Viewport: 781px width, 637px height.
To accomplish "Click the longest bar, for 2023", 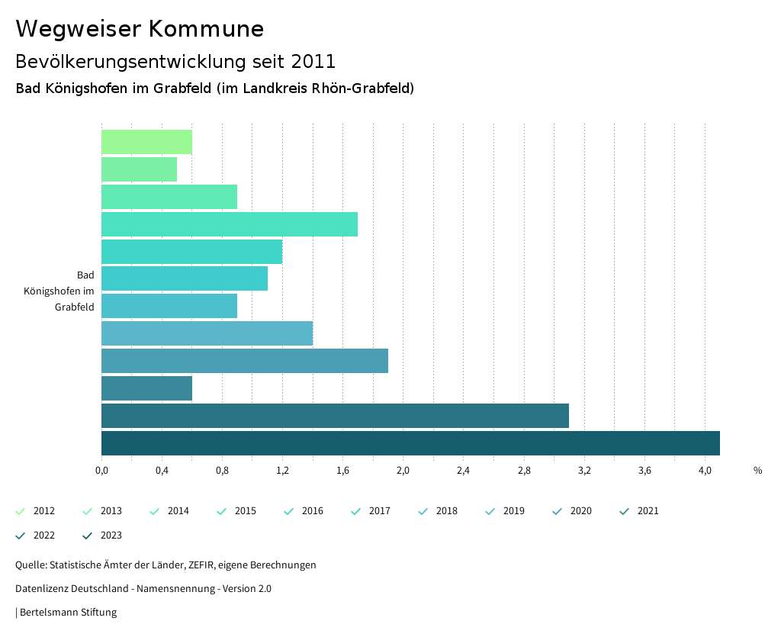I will coord(410,443).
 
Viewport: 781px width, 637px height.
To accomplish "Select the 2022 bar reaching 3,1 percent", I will coord(335,416).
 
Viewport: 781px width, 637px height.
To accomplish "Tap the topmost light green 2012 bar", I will coord(146,142).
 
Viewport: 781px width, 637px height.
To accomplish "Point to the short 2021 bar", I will coord(146,388).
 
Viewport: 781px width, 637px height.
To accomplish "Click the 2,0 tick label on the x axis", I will coord(403,471).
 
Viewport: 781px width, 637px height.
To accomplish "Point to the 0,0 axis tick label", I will coord(101,471).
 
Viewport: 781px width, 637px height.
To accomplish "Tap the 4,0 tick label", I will coord(705,471).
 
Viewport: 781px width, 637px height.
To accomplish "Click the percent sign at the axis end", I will coord(757,471).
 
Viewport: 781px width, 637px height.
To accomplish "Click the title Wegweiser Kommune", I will coord(140,29).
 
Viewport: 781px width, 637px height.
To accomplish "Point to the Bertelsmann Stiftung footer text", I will coord(68,613).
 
